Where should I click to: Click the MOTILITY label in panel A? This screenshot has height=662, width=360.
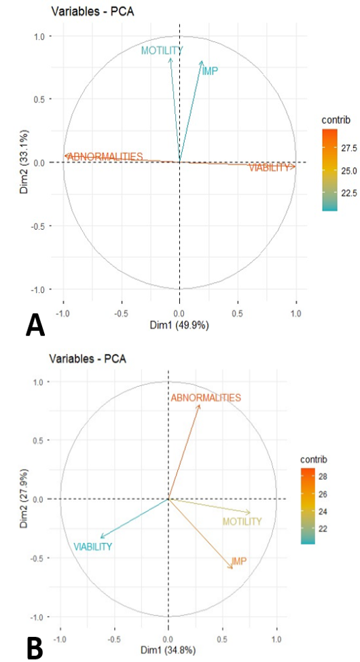pyautogui.click(x=162, y=51)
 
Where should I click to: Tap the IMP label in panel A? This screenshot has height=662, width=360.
pyautogui.click(x=210, y=71)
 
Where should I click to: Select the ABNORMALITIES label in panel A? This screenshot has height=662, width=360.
pyautogui.click(x=105, y=156)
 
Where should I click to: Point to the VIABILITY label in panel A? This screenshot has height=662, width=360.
pyautogui.click(x=269, y=168)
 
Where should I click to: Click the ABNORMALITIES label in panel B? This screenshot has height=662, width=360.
pyautogui.click(x=206, y=398)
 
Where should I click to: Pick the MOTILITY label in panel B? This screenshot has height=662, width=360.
pyautogui.click(x=242, y=521)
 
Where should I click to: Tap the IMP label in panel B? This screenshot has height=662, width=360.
pyautogui.click(x=239, y=561)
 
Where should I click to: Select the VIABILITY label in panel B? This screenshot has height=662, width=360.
pyautogui.click(x=93, y=546)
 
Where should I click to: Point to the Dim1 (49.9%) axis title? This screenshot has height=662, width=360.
pyautogui.click(x=180, y=326)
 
